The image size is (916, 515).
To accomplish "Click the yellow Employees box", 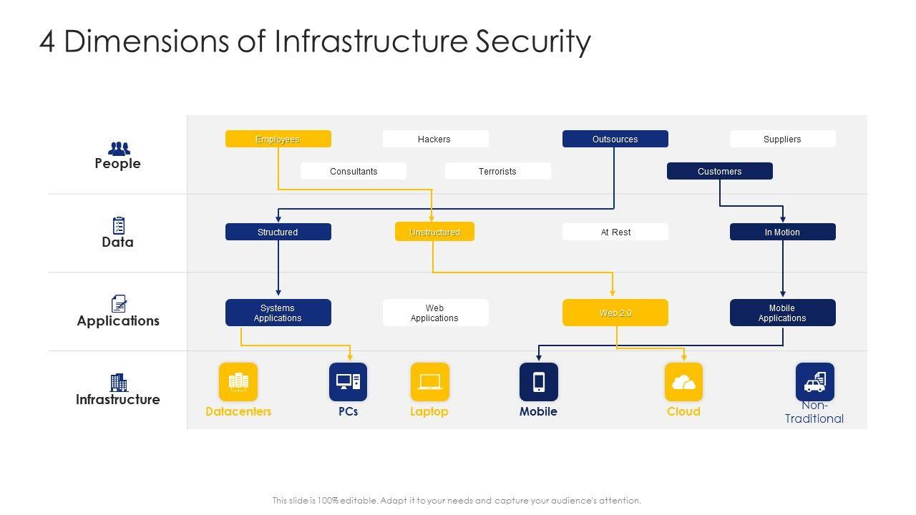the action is point(278,139).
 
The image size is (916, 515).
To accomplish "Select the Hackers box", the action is point(436,139).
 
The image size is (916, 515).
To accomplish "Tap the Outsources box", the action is point(615,139).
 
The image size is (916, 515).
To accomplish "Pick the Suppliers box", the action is point(783,139).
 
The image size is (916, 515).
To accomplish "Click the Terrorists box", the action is point(497,171).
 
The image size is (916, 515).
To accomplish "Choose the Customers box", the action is point(720,171).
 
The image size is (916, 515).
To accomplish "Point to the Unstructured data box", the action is point(434,232).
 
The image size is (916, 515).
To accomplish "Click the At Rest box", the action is point(615,232).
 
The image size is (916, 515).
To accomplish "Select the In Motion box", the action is point(783,232).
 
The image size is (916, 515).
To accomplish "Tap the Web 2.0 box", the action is point(615,313).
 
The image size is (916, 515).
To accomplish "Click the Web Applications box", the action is point(436,313).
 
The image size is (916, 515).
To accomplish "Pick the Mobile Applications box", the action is point(783,313).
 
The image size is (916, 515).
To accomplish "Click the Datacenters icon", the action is point(238,382).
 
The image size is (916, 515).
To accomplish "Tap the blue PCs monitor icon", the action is point(348,382).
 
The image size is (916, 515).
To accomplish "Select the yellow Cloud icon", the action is point(683,382).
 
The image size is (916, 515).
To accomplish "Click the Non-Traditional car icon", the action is point(815,382).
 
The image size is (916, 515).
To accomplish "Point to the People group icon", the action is point(119,148).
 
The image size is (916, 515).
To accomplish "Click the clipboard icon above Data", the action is point(119,225).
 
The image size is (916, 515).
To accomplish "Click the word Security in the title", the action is point(533,41).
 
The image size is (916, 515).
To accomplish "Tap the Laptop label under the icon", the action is point(429,411).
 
